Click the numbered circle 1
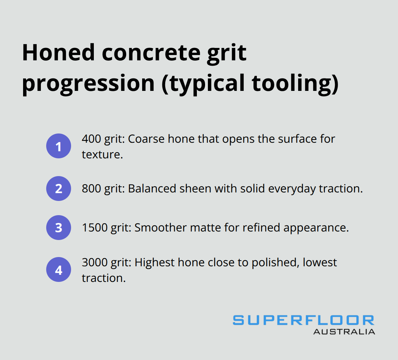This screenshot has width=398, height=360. click(x=59, y=146)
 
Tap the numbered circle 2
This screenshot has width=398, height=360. click(x=59, y=189)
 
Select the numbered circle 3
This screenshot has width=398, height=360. click(x=59, y=228)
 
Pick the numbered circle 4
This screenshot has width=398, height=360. click(x=59, y=269)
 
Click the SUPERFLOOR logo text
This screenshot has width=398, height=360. click(x=303, y=320)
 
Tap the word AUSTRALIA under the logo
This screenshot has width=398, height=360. click(x=344, y=332)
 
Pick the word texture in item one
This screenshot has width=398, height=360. click(x=101, y=154)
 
